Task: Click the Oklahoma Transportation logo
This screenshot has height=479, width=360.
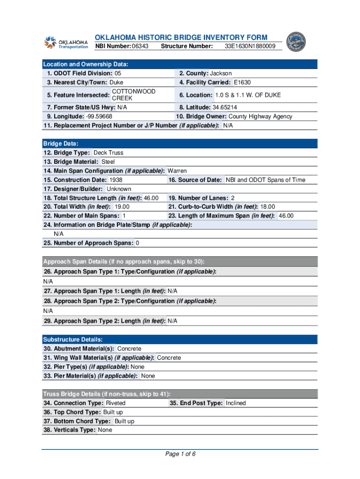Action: tap(66, 42)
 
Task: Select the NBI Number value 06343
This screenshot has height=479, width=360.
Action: tap(140, 46)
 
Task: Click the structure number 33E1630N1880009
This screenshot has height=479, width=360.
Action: tap(250, 46)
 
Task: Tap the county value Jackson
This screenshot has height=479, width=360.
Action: tap(221, 73)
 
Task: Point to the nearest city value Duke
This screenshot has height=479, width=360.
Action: tap(116, 82)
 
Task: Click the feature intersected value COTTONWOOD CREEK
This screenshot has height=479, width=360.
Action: tap(133, 95)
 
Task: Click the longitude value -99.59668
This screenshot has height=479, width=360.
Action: tap(98, 116)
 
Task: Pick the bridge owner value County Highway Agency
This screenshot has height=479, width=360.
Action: tap(260, 116)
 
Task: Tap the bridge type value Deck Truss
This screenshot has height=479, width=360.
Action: tap(108, 153)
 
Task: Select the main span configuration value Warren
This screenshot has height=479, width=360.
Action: tap(177, 171)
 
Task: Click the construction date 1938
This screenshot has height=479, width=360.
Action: tap(116, 180)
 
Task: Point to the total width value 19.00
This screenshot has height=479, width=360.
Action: tap(122, 207)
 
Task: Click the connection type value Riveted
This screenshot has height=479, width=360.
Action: tap(116, 403)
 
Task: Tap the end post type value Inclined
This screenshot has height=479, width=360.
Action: tap(236, 403)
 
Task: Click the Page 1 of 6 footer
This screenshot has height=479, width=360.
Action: tap(180, 454)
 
